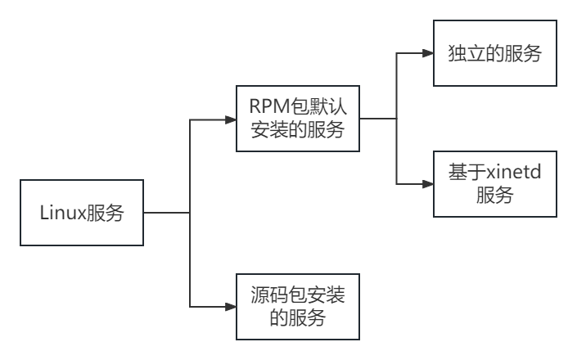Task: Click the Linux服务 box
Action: coord(82,213)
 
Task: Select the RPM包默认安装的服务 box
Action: coord(298,119)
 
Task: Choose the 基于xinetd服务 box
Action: coord(494,183)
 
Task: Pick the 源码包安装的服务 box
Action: coord(298,306)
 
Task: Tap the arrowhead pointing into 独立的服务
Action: coord(428,54)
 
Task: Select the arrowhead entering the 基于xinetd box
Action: coord(428,183)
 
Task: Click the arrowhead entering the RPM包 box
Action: coord(231,119)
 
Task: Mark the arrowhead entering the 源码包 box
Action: coord(231,306)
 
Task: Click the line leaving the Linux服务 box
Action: coord(167,213)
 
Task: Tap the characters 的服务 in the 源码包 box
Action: coord(298,318)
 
